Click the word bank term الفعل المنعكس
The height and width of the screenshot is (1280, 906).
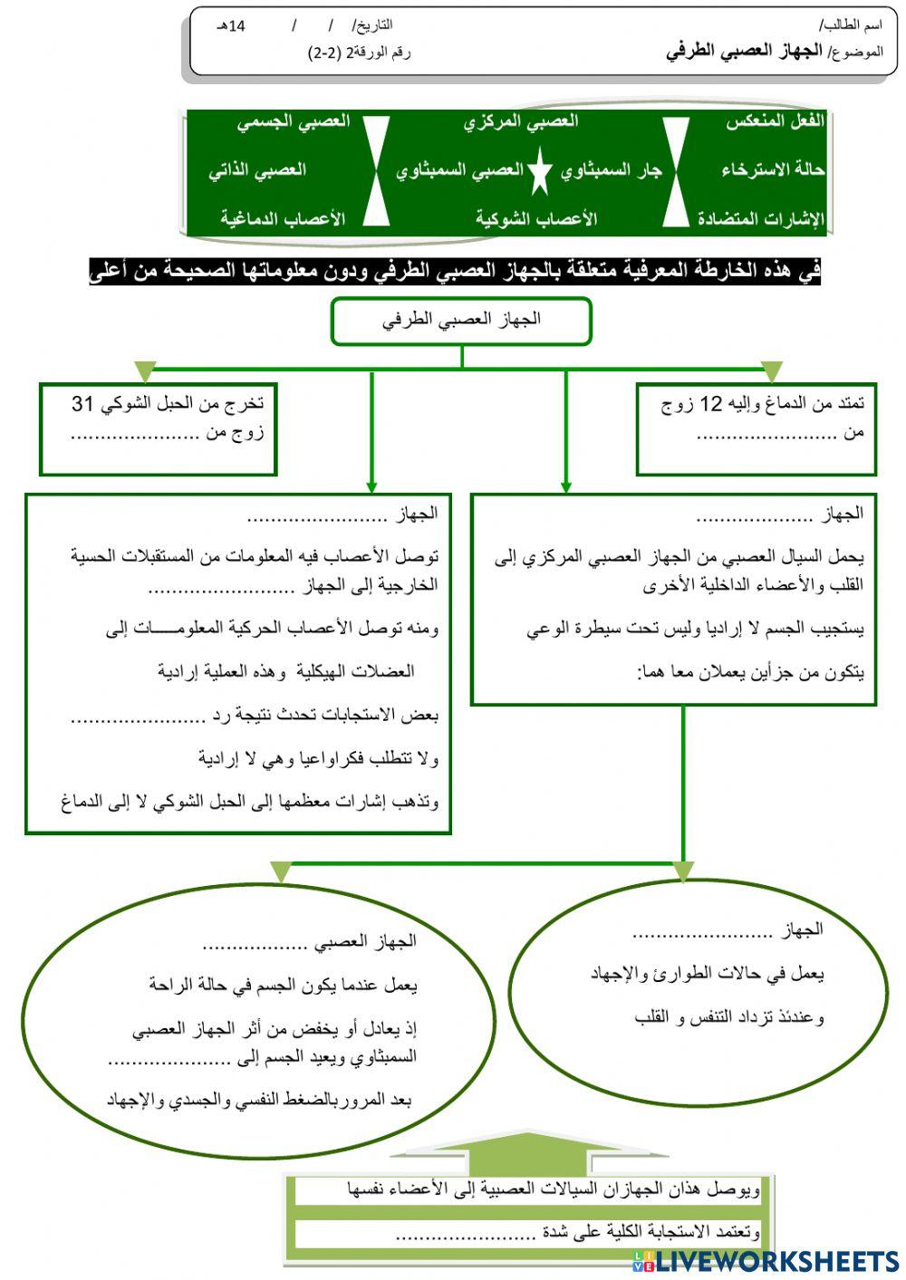(775, 121)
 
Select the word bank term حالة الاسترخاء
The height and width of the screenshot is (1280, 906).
(773, 169)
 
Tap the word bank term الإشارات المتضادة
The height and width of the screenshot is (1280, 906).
(761, 218)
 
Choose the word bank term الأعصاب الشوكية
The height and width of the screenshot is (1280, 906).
(536, 218)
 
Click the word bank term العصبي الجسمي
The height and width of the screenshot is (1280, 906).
(294, 121)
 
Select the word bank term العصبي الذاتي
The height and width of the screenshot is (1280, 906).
(257, 169)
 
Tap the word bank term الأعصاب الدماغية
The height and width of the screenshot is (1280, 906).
(282, 218)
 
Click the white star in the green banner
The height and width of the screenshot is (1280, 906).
(540, 172)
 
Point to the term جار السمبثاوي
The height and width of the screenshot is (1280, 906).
(611, 169)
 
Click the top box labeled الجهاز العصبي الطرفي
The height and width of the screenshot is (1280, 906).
(461, 321)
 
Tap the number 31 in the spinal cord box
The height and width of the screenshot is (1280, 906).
(83, 404)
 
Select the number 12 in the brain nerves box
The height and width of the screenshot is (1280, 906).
(714, 404)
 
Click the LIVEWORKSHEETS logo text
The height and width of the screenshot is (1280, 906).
(776, 1260)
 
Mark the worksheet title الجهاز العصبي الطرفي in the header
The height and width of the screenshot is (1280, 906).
(744, 51)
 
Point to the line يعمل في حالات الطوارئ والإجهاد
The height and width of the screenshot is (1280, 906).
(707, 974)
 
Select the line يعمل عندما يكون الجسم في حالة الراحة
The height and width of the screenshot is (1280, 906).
(283, 985)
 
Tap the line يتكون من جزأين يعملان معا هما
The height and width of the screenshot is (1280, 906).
(750, 672)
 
